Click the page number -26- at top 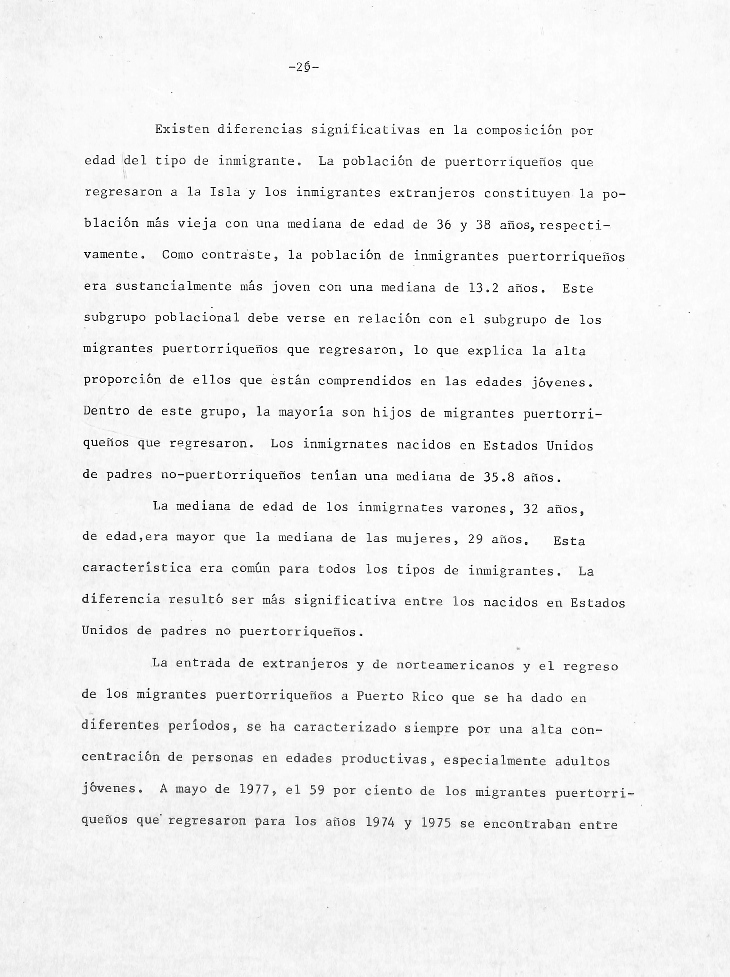(x=304, y=67)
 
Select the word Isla (x=225, y=193)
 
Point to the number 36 (x=444, y=224)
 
